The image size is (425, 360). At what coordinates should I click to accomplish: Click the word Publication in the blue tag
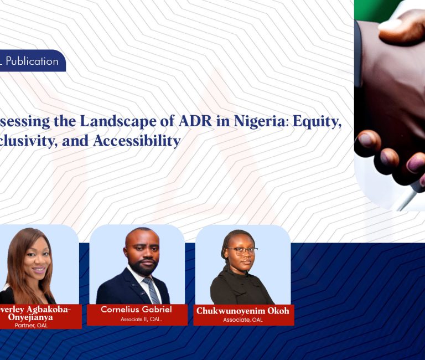32,61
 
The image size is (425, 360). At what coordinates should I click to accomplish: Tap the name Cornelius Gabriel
137,310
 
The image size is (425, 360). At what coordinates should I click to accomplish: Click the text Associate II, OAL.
137,319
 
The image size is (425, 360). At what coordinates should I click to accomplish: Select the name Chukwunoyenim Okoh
242,311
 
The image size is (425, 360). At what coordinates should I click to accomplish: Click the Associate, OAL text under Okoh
242,320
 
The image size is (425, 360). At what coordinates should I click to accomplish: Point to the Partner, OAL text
32,325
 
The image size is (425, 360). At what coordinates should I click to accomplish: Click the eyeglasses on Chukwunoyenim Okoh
242,250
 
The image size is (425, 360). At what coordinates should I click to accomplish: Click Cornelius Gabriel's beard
141,266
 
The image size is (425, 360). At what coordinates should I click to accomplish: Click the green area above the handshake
382,11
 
